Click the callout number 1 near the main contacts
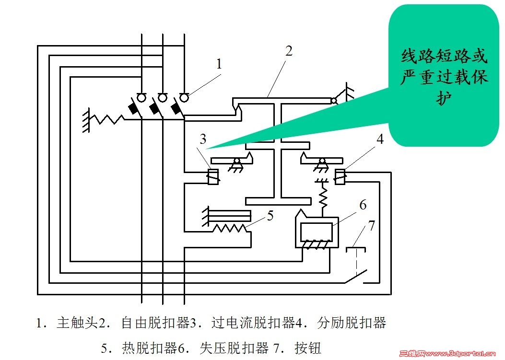(219, 64)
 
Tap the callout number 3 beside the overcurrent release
(203, 139)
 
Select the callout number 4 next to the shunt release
(380, 139)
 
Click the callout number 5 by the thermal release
(270, 215)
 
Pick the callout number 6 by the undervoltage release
(363, 206)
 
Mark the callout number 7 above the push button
(372, 226)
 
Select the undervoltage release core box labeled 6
(316, 232)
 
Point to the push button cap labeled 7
(355, 248)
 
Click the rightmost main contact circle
(184, 98)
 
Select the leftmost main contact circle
(142, 98)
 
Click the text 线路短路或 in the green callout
(444, 57)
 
